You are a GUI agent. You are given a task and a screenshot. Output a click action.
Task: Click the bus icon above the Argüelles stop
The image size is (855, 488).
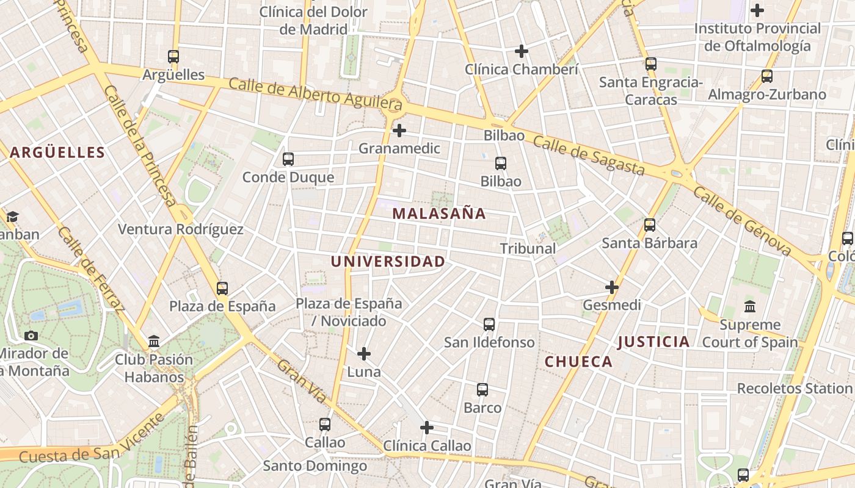[173, 57]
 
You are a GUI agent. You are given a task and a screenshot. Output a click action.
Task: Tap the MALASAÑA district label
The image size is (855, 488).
[439, 213]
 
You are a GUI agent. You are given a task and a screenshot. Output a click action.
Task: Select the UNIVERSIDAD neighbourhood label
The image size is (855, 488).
[388, 262]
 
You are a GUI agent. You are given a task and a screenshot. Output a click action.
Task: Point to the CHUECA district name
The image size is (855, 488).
[578, 362]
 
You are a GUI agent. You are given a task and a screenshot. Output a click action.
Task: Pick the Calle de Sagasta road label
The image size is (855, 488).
[589, 155]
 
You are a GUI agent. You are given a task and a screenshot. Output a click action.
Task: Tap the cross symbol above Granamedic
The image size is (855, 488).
[399, 131]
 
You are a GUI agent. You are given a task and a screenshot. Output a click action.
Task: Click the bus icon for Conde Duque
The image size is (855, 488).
[288, 159]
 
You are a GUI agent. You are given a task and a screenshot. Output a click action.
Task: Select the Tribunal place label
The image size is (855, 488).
[528, 248]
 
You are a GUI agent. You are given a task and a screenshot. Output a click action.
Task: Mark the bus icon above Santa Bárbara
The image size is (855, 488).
[650, 225]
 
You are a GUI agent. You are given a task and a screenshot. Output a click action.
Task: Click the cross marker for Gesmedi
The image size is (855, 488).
[612, 287]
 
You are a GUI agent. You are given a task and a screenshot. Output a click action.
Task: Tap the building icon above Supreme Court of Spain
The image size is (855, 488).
[750, 306]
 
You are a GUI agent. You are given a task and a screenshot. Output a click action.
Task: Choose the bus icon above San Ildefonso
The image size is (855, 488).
[489, 325]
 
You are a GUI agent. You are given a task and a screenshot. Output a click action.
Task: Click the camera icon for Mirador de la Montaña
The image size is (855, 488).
[31, 335]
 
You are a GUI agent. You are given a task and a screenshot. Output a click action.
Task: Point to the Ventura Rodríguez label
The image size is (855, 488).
[181, 229]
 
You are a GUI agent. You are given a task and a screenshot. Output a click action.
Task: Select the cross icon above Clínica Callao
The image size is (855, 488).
[427, 428]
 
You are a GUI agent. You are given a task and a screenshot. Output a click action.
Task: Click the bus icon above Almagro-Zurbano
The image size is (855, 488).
[767, 76]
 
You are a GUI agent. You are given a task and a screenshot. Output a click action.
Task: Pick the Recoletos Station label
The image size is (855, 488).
[794, 388]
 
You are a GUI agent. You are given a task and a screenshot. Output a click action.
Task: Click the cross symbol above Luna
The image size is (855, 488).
[364, 354]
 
